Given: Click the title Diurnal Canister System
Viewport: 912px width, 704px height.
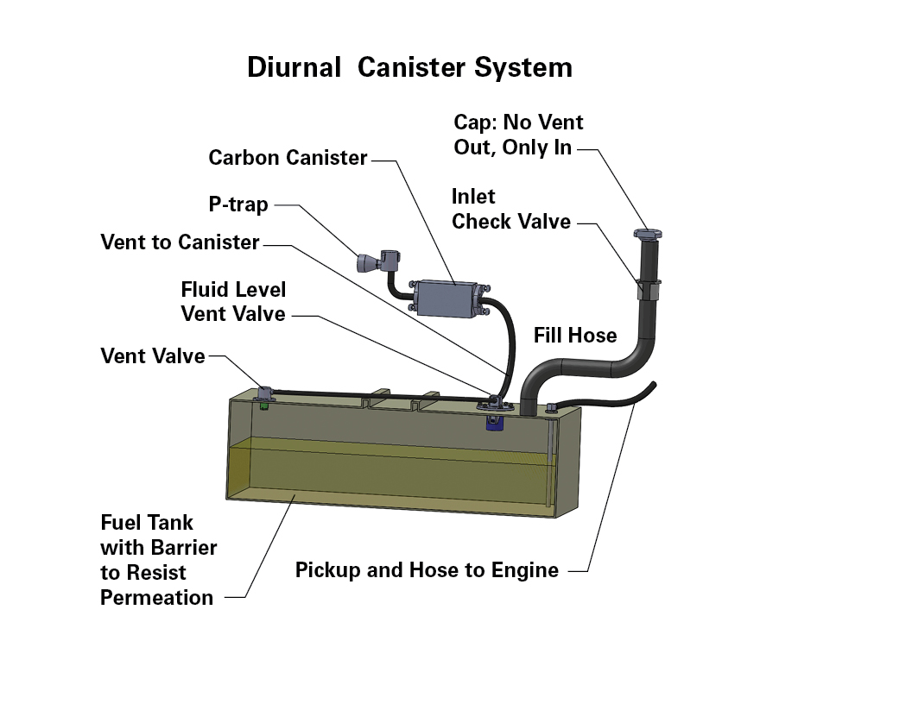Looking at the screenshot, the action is (410, 67).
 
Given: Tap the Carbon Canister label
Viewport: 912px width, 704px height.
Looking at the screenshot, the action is (288, 157).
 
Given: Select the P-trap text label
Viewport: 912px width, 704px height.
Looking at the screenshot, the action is (238, 204).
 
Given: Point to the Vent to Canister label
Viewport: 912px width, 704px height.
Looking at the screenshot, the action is (180, 242).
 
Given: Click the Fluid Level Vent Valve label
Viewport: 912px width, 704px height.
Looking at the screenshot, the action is (233, 301).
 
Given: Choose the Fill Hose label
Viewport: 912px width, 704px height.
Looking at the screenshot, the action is (575, 335).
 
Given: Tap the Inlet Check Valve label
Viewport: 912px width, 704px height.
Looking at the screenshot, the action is (511, 209).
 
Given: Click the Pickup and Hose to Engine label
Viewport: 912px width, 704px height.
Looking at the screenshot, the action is (427, 569).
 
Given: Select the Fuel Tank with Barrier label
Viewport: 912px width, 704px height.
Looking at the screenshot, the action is (158, 560).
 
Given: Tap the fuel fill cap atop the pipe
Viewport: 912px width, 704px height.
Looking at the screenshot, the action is (648, 234).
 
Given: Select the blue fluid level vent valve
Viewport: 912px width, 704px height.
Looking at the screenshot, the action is (494, 422).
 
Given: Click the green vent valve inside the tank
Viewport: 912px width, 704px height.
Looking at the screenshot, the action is (263, 405).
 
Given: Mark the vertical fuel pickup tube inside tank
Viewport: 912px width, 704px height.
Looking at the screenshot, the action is (549, 459).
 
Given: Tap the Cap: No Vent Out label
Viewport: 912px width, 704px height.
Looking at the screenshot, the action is (518, 135).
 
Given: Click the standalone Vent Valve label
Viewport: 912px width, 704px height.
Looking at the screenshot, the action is (153, 355).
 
